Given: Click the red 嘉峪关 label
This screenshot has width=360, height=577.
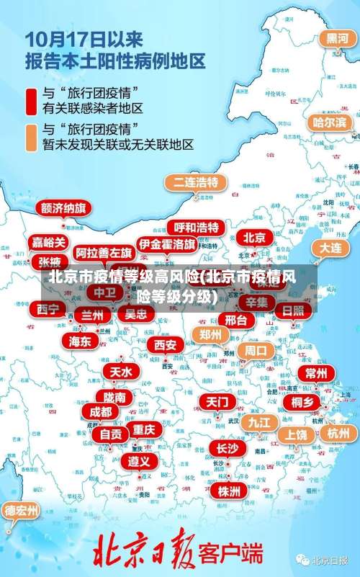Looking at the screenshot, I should click(x=49, y=242).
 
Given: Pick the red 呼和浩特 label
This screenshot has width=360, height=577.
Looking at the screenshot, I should click(x=196, y=228).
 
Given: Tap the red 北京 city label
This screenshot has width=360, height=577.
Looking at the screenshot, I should click(x=253, y=236).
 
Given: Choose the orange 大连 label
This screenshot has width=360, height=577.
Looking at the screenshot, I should click(x=330, y=247).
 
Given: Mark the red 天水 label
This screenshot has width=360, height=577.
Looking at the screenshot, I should click(x=121, y=372).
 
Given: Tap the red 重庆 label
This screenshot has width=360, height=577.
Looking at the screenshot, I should click(x=144, y=429).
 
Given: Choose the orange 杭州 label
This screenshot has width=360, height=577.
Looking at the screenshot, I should click(x=338, y=433).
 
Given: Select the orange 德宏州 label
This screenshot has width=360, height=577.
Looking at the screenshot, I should click(x=22, y=511).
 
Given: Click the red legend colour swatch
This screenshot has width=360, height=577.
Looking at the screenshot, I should click(x=32, y=101).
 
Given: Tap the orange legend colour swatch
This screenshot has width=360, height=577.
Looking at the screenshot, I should click(x=32, y=137).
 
